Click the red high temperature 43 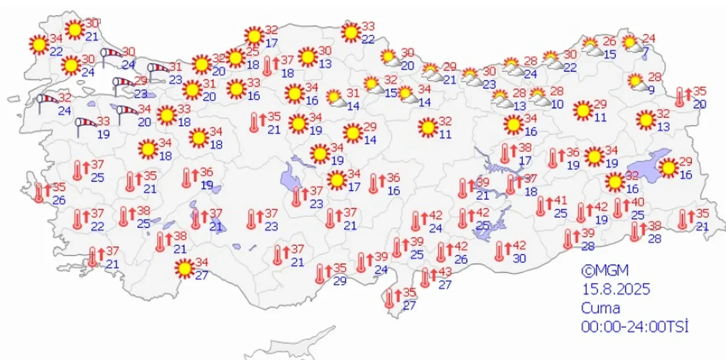pyautogui.click(x=445, y=273)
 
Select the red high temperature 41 pyautogui.click(x=560, y=201)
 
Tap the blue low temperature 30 pyautogui.click(x=519, y=258)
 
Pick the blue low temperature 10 pyautogui.click(x=556, y=104)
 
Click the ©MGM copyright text pyautogui.click(x=605, y=270)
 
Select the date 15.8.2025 pyautogui.click(x=615, y=289)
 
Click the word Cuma pyautogui.click(x=600, y=308)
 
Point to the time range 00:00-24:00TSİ pyautogui.click(x=634, y=327)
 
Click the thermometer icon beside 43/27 pyautogui.click(x=426, y=278)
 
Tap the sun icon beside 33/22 pyautogui.click(x=351, y=32)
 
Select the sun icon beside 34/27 pyautogui.click(x=184, y=268)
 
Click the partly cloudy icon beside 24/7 pyautogui.click(x=632, y=44)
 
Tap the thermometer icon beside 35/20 pyautogui.click(x=679, y=97)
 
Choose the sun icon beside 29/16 pyautogui.click(x=669, y=168)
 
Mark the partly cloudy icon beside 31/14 pyautogui.click(x=337, y=99)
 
